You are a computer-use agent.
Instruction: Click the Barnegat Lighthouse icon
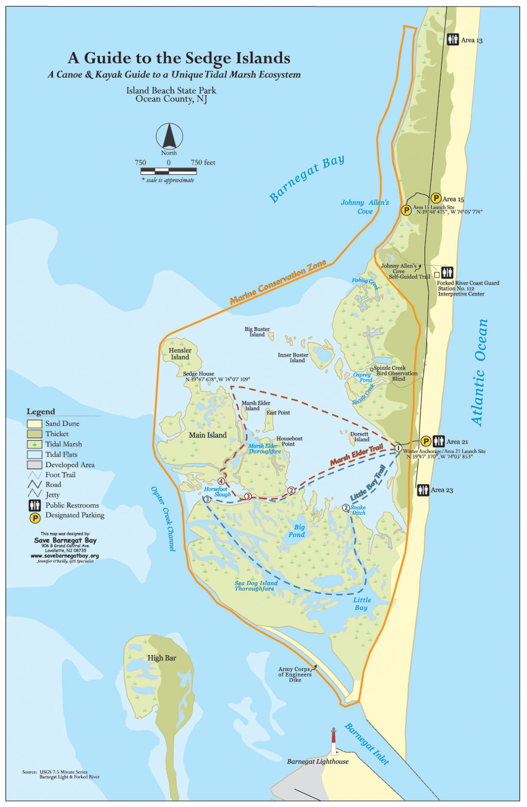[x=334, y=742]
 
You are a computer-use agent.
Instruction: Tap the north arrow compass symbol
[x=169, y=137]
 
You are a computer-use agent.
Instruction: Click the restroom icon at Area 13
[x=452, y=40]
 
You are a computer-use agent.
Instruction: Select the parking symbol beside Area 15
[x=435, y=198]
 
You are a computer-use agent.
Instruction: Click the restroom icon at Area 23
[x=423, y=490]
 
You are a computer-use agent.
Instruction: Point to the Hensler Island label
[x=180, y=354]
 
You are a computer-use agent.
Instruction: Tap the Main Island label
[x=207, y=435]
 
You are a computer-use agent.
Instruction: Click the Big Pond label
[x=297, y=531]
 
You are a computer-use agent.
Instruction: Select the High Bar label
[x=162, y=658]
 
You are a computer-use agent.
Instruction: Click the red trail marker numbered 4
[x=221, y=481]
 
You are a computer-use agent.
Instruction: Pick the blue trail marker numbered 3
[x=207, y=499]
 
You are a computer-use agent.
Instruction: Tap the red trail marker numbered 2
[x=291, y=490]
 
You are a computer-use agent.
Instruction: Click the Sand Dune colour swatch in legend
[x=34, y=423]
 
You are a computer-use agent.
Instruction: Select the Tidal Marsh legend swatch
[x=34, y=444]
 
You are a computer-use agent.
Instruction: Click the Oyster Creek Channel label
[x=164, y=519]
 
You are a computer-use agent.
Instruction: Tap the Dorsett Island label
[x=360, y=437]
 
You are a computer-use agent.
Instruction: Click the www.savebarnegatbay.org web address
[x=65, y=556]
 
